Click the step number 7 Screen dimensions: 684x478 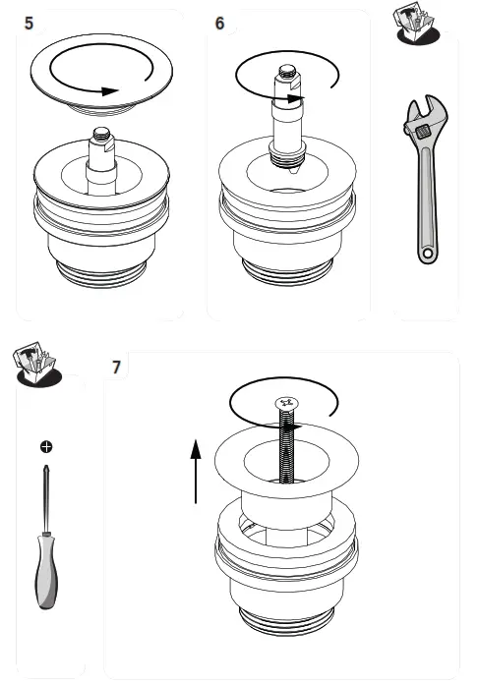click(117, 368)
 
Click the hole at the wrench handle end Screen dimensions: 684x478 click(427, 254)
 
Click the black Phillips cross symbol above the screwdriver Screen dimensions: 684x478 click(45, 446)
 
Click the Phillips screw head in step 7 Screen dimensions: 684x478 click(288, 402)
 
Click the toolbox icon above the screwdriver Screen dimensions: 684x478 click(33, 364)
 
